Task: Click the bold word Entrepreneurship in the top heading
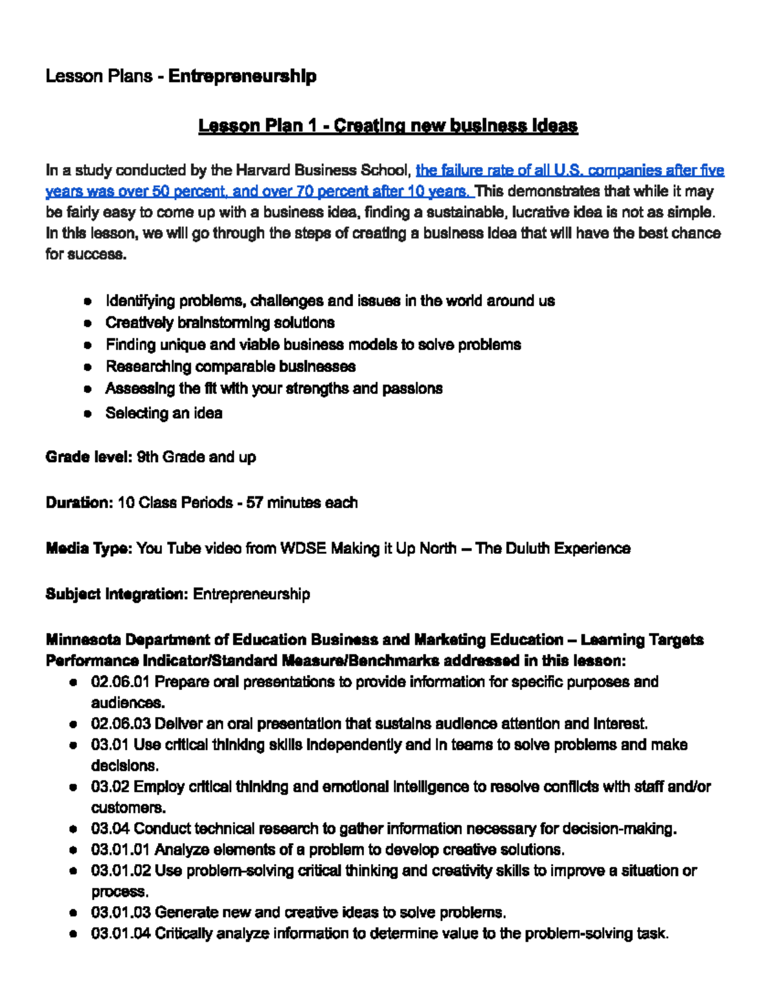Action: [x=242, y=76]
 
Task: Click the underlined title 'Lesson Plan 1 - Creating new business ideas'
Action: [x=388, y=126]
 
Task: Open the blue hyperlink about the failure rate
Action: [x=569, y=171]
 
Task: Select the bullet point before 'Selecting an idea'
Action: [x=87, y=414]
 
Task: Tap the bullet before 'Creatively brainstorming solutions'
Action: [x=87, y=323]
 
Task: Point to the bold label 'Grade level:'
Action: [x=89, y=458]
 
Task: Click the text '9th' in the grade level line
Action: [x=148, y=458]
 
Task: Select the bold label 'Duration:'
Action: [x=79, y=503]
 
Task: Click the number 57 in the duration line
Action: [x=254, y=503]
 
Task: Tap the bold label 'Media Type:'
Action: [x=89, y=549]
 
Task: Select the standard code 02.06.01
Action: [x=120, y=682]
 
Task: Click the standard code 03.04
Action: [x=110, y=829]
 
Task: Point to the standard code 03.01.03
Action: [x=120, y=912]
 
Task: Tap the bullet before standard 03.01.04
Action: [x=74, y=934]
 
